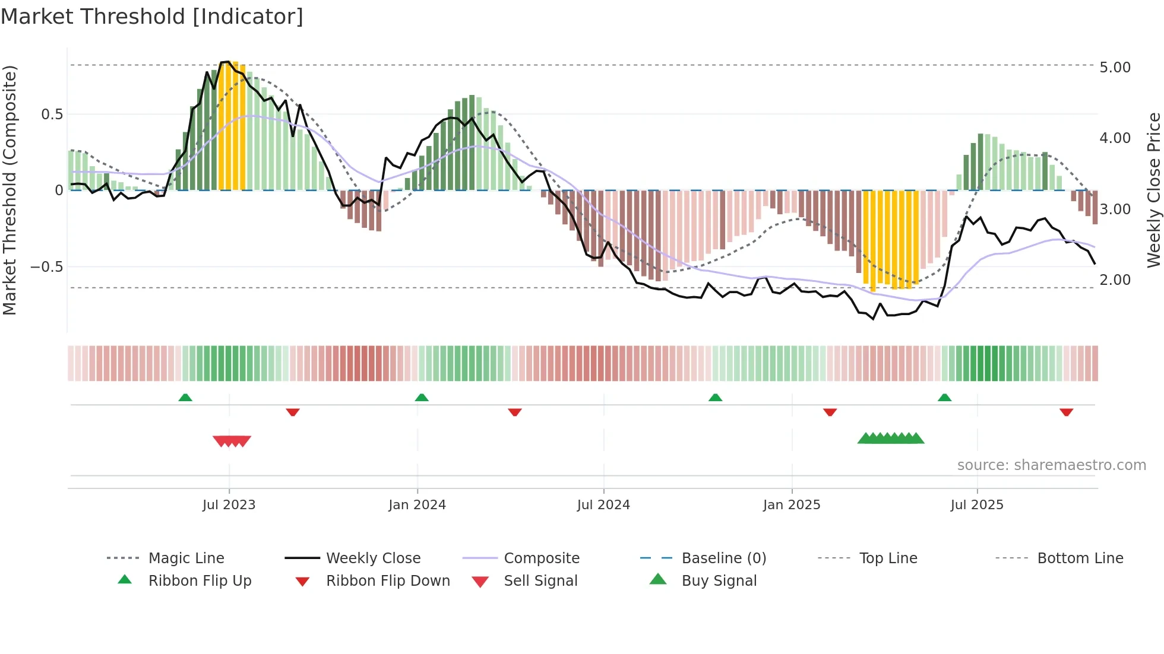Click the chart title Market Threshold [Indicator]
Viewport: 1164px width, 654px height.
pos(152,17)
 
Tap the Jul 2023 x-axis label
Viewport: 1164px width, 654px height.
pos(229,505)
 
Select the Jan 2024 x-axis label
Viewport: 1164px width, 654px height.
pos(417,505)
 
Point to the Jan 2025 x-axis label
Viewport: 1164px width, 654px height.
pos(792,505)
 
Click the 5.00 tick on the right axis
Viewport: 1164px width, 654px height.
pos(1115,68)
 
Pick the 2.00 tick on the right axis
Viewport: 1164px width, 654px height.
pos(1115,280)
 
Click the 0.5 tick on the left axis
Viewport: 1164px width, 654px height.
pos(52,115)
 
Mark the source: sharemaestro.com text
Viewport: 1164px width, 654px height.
pos(1051,465)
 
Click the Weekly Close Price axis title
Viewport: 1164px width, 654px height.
pos(1153,190)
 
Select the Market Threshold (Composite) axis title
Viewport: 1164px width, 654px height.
pos(10,190)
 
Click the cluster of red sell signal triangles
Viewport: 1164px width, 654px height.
pos(232,441)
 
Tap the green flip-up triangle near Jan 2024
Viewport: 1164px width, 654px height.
pos(422,398)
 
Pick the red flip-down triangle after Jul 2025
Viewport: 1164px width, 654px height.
pos(1066,412)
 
